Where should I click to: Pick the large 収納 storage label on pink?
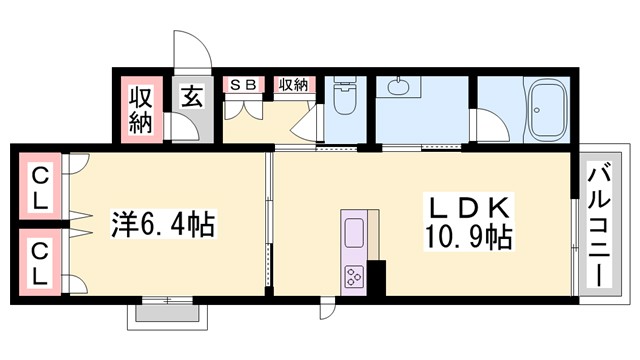(x=141, y=111)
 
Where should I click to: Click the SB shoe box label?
(x=244, y=85)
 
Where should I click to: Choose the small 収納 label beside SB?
(x=291, y=85)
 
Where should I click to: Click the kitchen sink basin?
(x=356, y=236)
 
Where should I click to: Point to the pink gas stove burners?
(x=356, y=275)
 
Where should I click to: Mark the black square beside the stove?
(x=377, y=274)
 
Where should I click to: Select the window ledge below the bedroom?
(x=168, y=314)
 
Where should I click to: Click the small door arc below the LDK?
(x=328, y=308)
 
